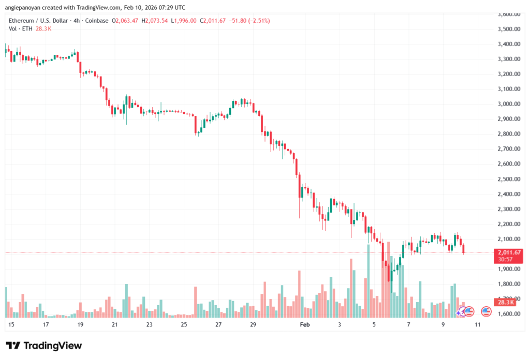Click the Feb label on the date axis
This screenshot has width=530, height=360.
click(x=304, y=324)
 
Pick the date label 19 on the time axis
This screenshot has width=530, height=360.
click(x=80, y=324)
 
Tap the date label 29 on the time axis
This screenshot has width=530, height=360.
click(x=253, y=324)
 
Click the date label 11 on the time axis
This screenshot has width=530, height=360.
click(x=478, y=324)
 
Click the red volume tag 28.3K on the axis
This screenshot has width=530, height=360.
click(x=505, y=302)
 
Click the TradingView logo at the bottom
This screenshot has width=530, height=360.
click(x=44, y=346)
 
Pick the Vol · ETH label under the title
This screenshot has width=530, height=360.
click(x=20, y=28)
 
